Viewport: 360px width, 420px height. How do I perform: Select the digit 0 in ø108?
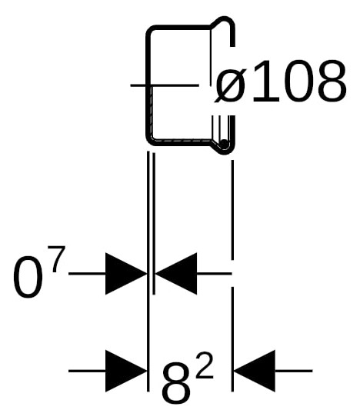[297, 82]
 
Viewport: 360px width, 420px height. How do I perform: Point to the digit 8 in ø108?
[332, 82]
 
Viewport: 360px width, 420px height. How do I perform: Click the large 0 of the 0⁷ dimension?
[28, 277]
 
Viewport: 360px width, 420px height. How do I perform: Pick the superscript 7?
[58, 258]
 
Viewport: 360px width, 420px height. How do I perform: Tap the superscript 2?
[204, 365]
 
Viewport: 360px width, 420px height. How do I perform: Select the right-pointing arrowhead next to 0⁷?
[126, 274]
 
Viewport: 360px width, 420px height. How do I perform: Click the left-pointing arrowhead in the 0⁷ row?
[176, 274]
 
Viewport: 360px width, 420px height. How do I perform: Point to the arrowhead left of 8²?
[126, 371]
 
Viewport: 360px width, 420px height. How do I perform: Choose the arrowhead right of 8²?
[255, 371]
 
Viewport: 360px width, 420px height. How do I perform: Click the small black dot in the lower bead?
[224, 144]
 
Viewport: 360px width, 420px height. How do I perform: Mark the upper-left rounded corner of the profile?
[152, 32]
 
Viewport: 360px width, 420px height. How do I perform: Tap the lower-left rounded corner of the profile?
[152, 139]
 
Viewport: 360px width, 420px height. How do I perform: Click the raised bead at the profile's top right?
[225, 19]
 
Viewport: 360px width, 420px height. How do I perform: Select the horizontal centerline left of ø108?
[165, 85]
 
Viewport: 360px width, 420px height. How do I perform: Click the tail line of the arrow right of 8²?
[294, 371]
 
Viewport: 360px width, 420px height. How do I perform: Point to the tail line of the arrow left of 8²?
[88, 371]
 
